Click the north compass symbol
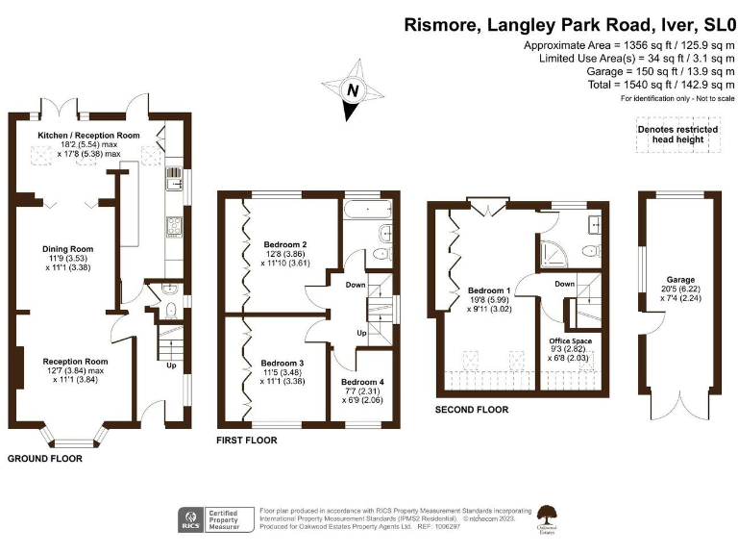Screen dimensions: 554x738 353,90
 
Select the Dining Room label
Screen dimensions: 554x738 66,248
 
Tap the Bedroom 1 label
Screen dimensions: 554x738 490,290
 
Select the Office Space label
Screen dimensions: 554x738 570,340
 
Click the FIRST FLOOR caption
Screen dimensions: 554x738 247,440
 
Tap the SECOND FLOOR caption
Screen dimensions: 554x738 472,409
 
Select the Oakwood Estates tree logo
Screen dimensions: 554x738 550,516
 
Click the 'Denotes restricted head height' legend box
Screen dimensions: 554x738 676,135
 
